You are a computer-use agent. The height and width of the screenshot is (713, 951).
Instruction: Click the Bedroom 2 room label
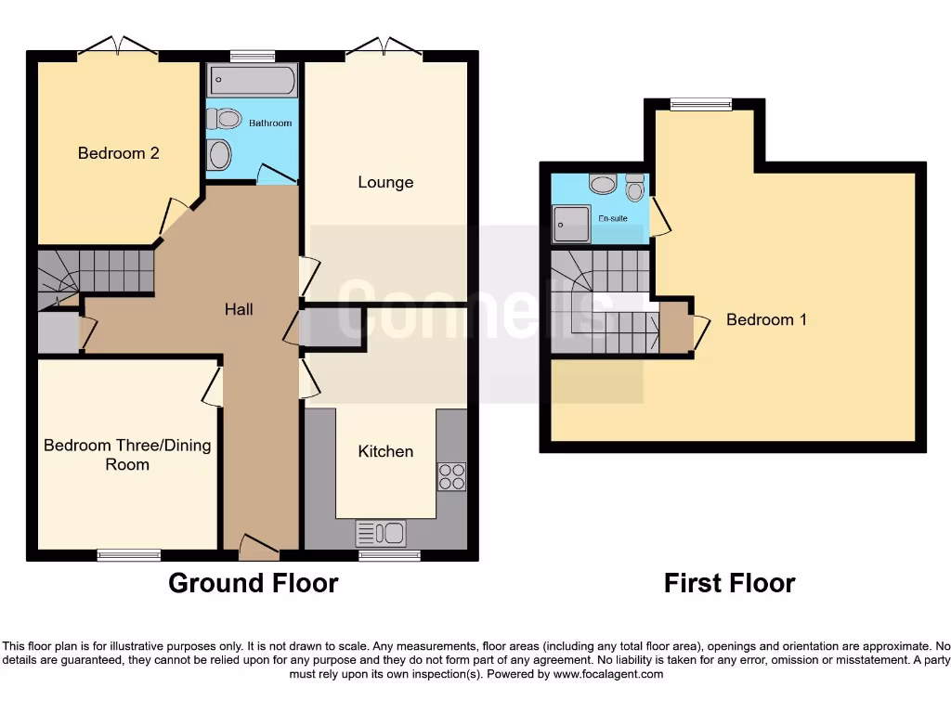118,153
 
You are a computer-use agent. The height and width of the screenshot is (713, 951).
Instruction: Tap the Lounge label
385,182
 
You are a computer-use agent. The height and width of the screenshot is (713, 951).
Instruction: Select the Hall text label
239,309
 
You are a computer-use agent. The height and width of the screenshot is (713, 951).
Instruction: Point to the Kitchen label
385,451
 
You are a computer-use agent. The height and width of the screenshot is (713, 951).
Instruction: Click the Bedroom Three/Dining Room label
127,455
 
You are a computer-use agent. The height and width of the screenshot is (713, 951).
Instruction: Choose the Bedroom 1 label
766,319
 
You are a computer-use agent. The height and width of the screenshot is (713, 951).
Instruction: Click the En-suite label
613,219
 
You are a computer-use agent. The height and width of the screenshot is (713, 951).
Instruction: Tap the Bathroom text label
270,123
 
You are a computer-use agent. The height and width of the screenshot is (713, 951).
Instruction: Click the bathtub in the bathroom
253,81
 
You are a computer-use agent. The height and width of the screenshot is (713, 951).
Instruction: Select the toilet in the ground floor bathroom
224,119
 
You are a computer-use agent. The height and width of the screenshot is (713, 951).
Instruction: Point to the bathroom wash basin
218,154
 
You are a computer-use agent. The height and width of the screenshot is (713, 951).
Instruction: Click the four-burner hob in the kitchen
451,476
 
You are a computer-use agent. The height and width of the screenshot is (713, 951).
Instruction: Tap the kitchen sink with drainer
381,533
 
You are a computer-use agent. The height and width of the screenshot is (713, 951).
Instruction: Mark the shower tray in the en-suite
571,224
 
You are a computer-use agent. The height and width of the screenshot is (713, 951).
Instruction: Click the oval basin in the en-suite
603,185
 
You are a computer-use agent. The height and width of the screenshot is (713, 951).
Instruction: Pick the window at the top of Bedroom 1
700,105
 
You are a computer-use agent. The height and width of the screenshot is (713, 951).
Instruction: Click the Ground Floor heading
253,583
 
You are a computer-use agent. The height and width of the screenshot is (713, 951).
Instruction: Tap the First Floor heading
729,583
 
